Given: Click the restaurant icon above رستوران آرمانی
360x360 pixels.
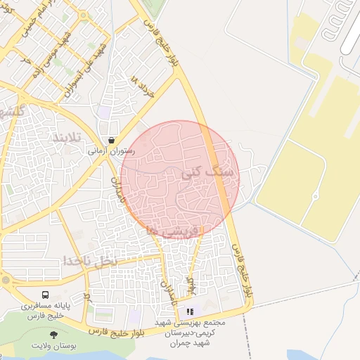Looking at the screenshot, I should (112, 140).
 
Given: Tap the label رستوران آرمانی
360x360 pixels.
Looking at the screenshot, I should (111, 150).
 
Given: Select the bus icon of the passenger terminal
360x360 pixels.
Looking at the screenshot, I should (46, 296).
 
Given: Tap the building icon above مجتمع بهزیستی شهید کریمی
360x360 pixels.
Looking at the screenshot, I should (190, 311).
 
